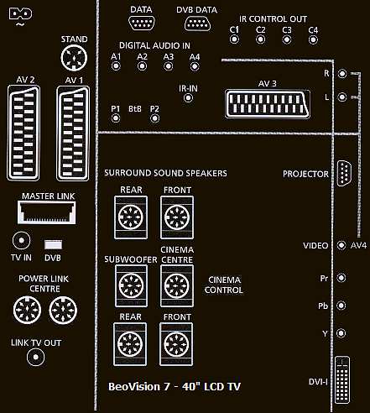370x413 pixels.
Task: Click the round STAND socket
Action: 74,58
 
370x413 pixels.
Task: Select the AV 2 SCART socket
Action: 23,133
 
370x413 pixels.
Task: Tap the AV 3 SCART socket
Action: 268,104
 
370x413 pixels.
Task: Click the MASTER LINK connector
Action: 47,212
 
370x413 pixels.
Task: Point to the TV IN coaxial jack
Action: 21,241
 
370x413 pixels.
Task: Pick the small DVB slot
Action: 53,245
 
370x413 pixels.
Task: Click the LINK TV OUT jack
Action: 35,358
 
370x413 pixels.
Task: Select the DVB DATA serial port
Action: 197,24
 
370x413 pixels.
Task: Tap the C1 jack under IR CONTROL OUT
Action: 234,39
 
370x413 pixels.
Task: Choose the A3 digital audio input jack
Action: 169,66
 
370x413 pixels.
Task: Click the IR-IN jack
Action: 188,98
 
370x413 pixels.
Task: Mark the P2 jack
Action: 154,118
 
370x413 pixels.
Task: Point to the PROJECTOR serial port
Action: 344,173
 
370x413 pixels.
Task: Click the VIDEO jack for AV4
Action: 341,245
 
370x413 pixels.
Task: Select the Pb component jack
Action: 341,306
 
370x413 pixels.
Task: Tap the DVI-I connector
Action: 342,380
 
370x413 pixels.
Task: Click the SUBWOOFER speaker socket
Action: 131,285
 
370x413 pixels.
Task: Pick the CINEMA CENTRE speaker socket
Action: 177,285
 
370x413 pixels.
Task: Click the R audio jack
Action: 342,74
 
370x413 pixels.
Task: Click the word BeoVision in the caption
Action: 134,387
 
